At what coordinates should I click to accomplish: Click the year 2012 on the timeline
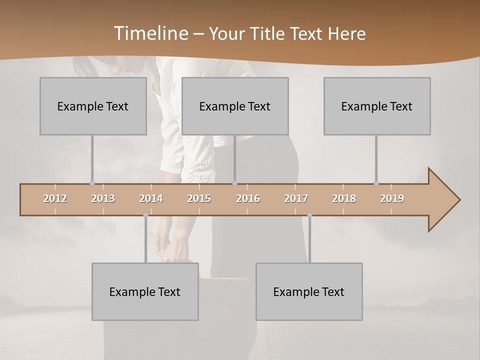tap(55, 198)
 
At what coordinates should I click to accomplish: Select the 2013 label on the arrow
tap(103, 198)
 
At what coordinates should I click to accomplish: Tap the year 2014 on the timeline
tap(151, 198)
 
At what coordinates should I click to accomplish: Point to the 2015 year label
tap(199, 198)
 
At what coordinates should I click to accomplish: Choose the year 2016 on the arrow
tap(248, 198)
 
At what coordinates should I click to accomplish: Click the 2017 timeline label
tap(296, 198)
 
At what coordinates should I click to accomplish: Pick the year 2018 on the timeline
tap(344, 198)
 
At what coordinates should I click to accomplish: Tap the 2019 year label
tap(392, 198)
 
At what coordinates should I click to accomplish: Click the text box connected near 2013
tap(93, 106)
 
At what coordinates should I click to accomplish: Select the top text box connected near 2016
tap(235, 106)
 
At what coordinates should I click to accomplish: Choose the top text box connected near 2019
tap(377, 106)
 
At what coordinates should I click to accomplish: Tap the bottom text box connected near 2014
tap(145, 291)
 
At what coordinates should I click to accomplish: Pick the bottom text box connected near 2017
tap(309, 291)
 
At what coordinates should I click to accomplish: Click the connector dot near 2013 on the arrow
tap(92, 183)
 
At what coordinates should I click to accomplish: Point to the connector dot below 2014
tap(145, 215)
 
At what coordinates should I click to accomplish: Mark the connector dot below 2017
tap(309, 215)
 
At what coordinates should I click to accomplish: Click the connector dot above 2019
tap(376, 183)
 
